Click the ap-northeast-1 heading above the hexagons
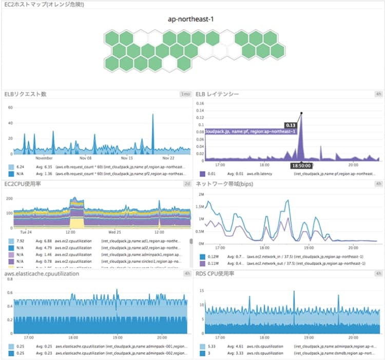tap(192, 19)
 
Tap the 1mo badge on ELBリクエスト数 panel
tap(185, 94)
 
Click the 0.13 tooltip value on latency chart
tap(291, 124)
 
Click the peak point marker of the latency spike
tap(301, 113)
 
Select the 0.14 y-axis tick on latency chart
tap(201, 104)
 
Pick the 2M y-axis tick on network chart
tap(201, 195)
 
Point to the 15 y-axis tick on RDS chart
tap(202, 291)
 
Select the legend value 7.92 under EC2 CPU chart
tap(21, 240)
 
